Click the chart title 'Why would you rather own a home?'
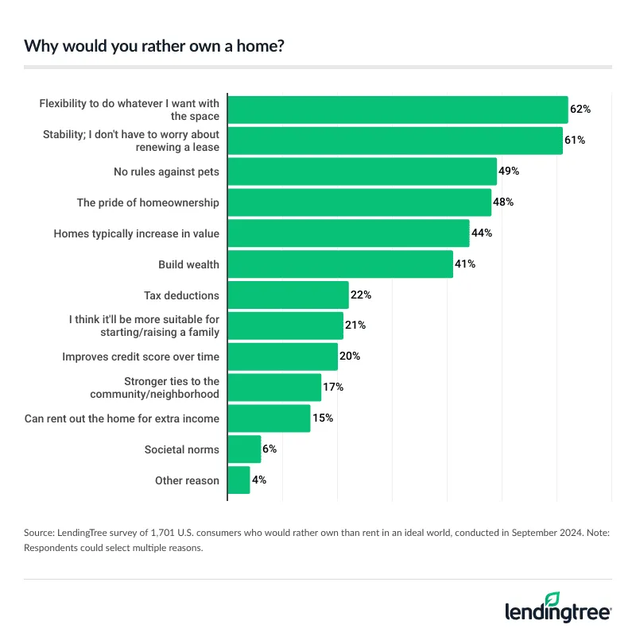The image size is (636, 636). pyautogui.click(x=154, y=45)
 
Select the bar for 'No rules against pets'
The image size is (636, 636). pyautogui.click(x=362, y=172)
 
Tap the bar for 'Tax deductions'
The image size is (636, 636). pyautogui.click(x=288, y=295)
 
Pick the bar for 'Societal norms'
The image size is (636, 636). pyautogui.click(x=244, y=449)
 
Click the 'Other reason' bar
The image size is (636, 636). pyautogui.click(x=238, y=480)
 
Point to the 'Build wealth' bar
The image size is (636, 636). pyautogui.click(x=340, y=264)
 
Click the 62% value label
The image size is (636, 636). pyautogui.click(x=580, y=110)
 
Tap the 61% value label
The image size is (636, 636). pyautogui.click(x=575, y=141)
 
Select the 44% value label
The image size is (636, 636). pyautogui.click(x=482, y=233)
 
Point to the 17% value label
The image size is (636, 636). pyautogui.click(x=333, y=387)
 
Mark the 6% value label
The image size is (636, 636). pyautogui.click(x=269, y=449)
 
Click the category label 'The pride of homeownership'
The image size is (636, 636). pyautogui.click(x=147, y=202)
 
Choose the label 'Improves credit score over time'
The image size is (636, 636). pyautogui.click(x=141, y=357)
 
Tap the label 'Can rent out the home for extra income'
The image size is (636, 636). pyautogui.click(x=122, y=418)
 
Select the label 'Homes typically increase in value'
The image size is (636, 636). pyautogui.click(x=136, y=233)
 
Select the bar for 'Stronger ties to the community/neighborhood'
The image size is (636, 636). pyautogui.click(x=274, y=387)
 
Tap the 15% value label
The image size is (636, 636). pyautogui.click(x=323, y=418)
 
